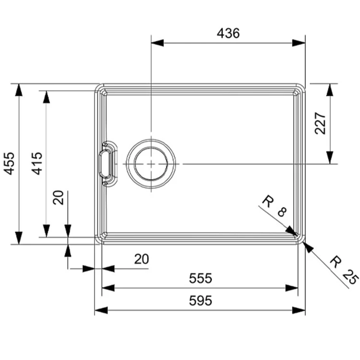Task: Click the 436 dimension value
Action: (228, 33)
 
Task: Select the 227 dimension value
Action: (320, 123)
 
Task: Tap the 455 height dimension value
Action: (10, 164)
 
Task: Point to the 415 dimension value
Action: (37, 164)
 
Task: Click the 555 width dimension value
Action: (201, 278)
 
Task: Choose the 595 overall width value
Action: (201, 300)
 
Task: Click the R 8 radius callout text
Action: (275, 206)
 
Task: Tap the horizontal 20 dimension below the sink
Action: (142, 259)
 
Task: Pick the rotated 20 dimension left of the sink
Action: (58, 197)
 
